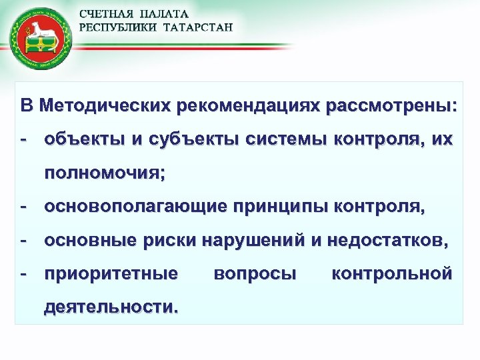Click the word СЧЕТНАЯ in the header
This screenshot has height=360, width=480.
pyautogui.click(x=106, y=14)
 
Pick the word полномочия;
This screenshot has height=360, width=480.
pyautogui.click(x=105, y=174)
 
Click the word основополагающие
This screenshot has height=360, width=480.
pyautogui.click(x=134, y=207)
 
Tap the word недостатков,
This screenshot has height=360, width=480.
pyautogui.click(x=380, y=241)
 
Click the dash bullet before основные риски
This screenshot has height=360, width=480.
pyautogui.click(x=24, y=241)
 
